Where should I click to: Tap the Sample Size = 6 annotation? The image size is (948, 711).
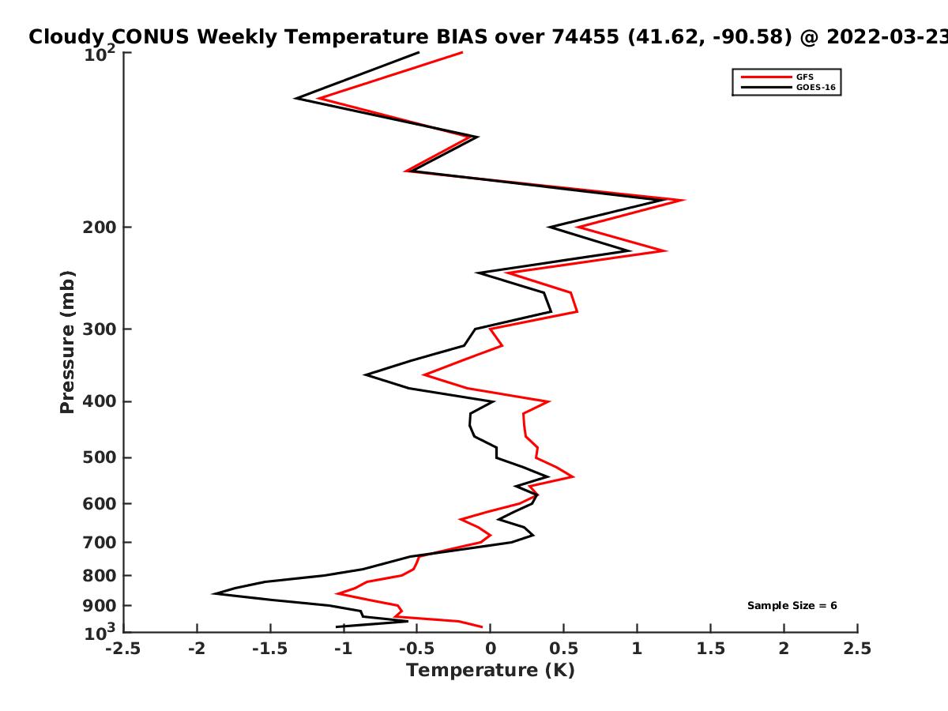click(x=792, y=605)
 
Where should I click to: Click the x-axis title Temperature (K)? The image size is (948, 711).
click(x=491, y=670)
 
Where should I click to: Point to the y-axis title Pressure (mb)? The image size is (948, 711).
click(x=67, y=342)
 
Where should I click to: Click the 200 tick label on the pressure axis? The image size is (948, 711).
click(x=100, y=227)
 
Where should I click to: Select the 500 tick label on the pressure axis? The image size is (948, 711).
click(x=100, y=457)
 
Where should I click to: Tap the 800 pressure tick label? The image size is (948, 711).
click(x=100, y=575)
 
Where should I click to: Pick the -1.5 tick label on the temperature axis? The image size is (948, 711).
click(x=270, y=649)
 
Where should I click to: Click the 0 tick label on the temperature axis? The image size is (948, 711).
click(x=491, y=649)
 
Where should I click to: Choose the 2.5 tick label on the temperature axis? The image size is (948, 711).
click(x=857, y=649)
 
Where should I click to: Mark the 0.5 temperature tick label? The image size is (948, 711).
click(x=563, y=649)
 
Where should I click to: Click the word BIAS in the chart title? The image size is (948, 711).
click(x=461, y=36)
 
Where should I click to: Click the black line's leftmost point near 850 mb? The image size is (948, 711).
click(x=213, y=593)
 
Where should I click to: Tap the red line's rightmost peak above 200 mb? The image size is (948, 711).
click(x=685, y=200)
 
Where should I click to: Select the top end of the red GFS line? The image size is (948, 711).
click(x=462, y=53)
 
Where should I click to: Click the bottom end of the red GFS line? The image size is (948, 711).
click(x=482, y=626)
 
